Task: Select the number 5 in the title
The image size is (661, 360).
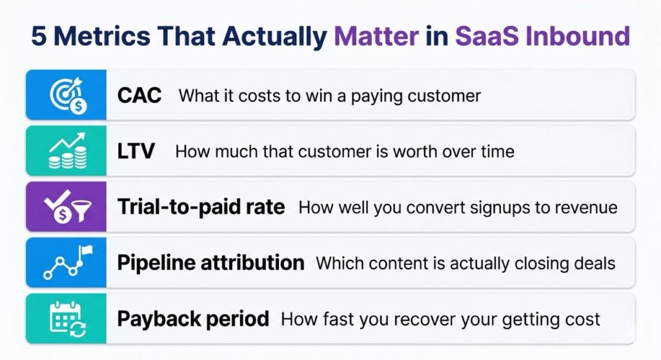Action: tap(39, 36)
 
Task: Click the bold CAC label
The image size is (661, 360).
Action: tap(139, 96)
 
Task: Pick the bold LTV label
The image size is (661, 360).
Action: tap(136, 152)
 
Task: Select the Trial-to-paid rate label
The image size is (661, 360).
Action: tap(201, 207)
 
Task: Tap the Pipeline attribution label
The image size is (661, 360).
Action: tap(210, 263)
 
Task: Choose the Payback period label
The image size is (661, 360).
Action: tap(193, 319)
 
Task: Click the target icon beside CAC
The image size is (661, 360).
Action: tap(66, 95)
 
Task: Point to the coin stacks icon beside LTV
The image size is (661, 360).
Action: tap(66, 152)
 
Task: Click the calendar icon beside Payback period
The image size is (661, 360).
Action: tap(66, 319)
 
